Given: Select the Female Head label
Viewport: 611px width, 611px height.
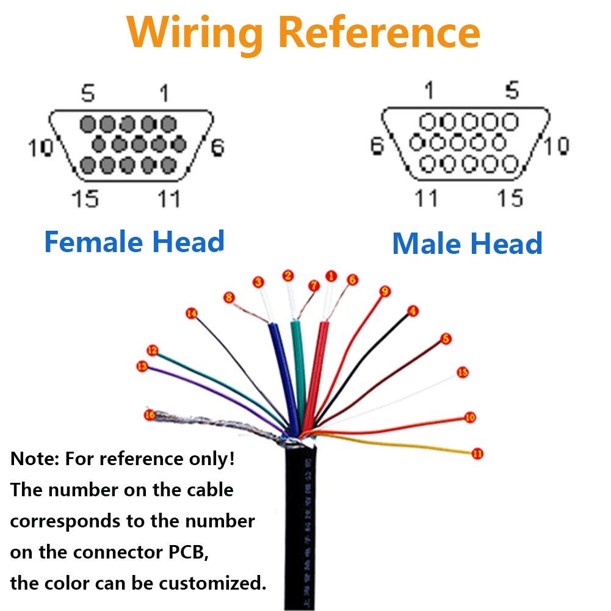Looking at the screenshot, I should (x=134, y=242).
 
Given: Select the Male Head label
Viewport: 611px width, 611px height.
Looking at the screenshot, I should (x=467, y=244).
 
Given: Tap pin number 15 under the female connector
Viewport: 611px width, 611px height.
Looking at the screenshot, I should (x=85, y=198).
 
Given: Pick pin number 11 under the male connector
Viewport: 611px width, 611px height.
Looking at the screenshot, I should (x=426, y=198).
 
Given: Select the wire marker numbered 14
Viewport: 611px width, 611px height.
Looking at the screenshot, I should (x=192, y=314).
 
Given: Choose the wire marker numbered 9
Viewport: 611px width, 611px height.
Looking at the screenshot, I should (x=385, y=292).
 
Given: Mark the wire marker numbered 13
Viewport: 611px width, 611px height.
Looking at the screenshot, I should (x=142, y=366).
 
